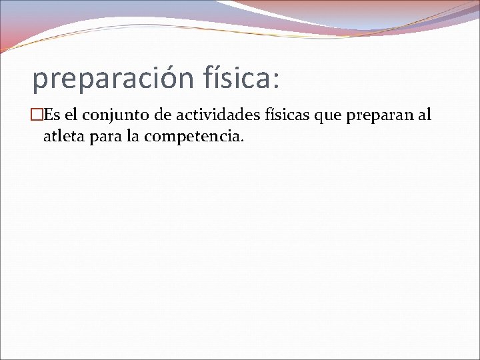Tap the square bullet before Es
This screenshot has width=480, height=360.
point(38,115)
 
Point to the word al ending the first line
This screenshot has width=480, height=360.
point(425,115)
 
